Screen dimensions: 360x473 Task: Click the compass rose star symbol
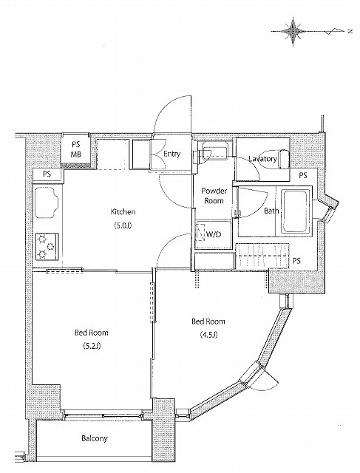293,31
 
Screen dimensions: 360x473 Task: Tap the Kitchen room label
123,212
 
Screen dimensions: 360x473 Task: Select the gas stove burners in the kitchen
47,247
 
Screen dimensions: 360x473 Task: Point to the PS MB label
76,149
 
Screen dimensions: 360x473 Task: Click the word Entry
171,154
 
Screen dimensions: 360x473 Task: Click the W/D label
214,234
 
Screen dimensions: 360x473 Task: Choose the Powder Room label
214,196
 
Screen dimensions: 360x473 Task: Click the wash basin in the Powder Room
215,150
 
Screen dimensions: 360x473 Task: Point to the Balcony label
95,438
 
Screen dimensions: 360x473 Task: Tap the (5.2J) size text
92,346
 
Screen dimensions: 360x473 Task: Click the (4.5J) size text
208,335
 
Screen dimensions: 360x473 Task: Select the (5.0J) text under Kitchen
123,225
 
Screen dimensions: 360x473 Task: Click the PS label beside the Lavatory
303,175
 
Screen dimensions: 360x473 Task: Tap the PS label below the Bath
296,261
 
